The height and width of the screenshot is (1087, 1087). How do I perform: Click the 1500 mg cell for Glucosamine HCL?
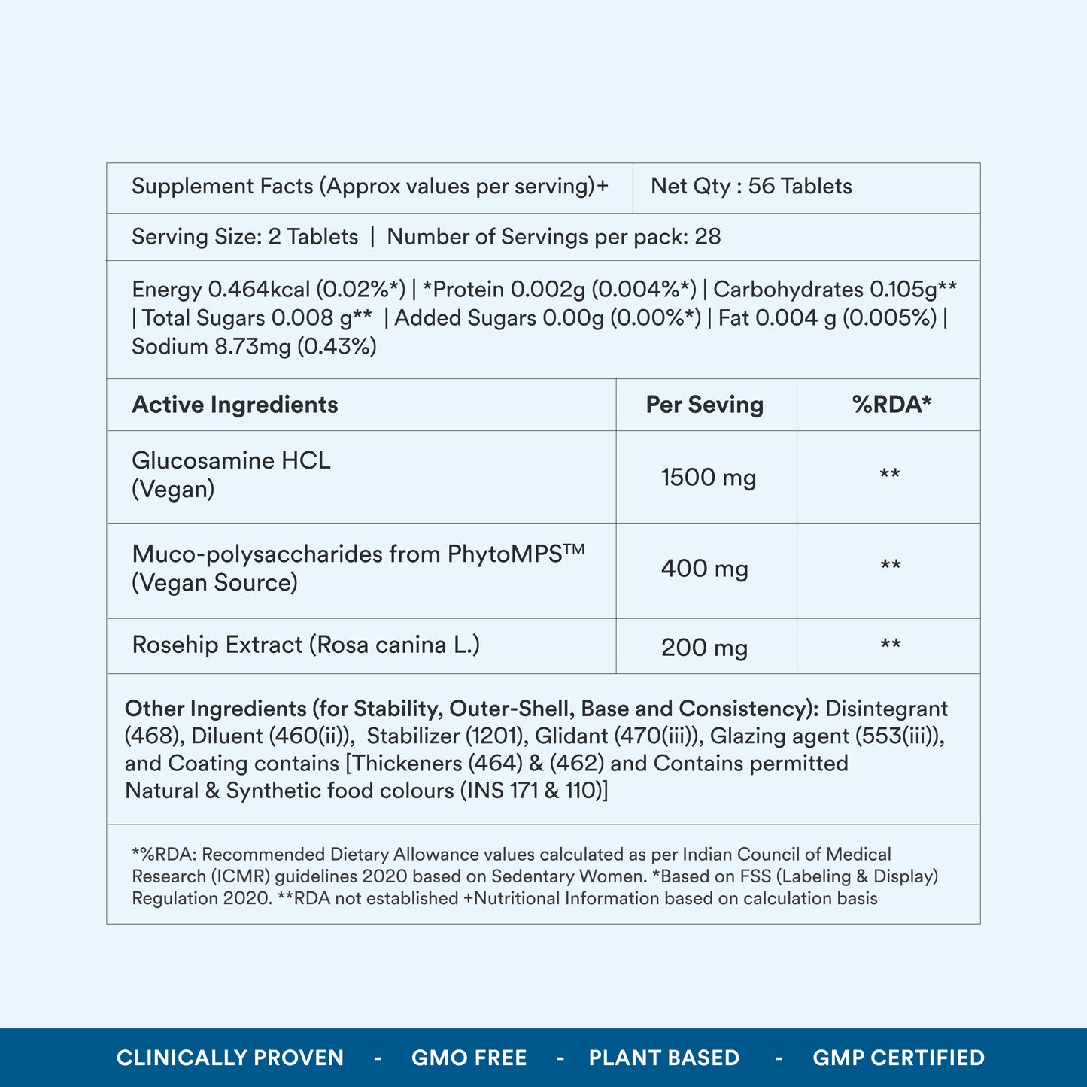click(708, 478)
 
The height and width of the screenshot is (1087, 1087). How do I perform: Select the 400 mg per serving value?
click(704, 569)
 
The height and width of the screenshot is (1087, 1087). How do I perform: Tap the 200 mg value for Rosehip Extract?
click(704, 647)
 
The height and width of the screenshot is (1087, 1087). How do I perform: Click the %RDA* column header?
click(891, 405)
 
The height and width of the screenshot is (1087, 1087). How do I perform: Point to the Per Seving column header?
click(704, 405)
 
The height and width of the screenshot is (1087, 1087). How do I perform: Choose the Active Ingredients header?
click(235, 405)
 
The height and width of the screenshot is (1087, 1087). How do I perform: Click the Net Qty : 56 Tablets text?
click(751, 186)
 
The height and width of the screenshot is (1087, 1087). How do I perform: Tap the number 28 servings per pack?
click(707, 237)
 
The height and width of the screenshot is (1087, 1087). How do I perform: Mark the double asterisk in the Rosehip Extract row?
click(891, 645)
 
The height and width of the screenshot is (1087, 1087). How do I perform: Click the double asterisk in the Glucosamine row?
click(890, 475)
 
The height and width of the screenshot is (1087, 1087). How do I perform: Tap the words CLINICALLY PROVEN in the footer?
click(230, 1058)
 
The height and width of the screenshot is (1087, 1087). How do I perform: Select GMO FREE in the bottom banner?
click(469, 1058)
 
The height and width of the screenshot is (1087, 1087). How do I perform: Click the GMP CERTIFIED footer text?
click(898, 1058)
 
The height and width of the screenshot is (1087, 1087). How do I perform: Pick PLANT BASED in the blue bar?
click(663, 1058)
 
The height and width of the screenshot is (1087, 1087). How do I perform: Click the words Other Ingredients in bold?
click(216, 709)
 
